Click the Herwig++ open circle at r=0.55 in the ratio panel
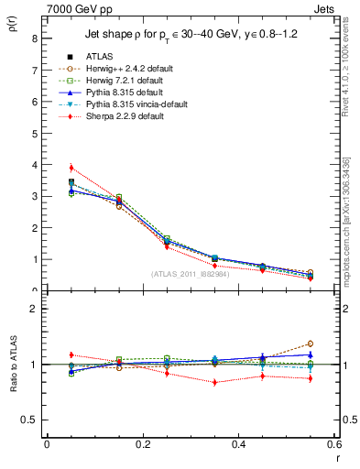(x=311, y=344)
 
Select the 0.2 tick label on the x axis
(x=142, y=444)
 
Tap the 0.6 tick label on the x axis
(x=333, y=444)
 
